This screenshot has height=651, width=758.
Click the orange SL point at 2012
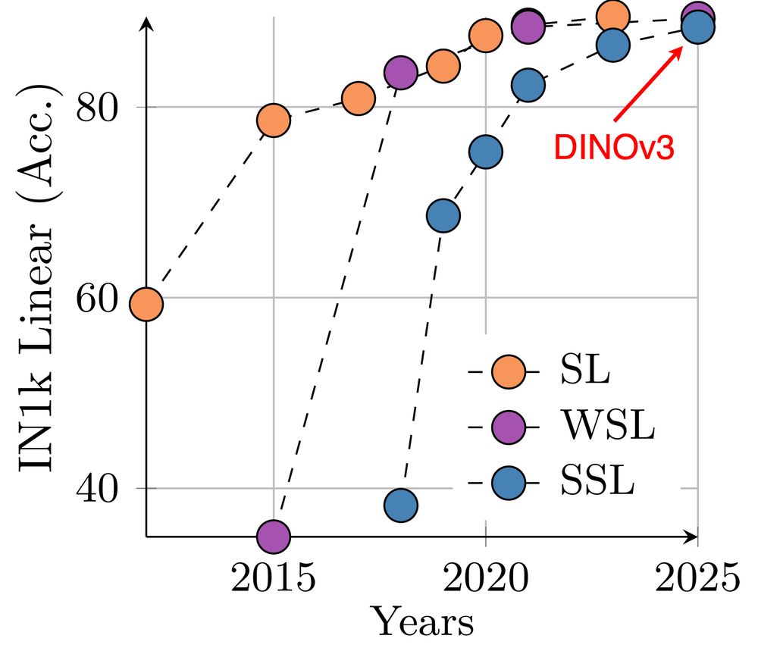pos(146,304)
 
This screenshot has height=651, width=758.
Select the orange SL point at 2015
pos(274,120)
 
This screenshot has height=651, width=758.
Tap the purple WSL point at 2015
pos(274,536)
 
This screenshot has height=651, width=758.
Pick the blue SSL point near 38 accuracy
pos(401,505)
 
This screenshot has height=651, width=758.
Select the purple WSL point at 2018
pos(401,73)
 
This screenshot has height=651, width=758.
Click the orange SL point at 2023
pos(612,17)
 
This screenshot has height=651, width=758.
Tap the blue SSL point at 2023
pos(612,45)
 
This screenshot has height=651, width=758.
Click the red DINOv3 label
pos(613,146)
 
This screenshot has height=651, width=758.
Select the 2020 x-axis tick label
pos(486,581)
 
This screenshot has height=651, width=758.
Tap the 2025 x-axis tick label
pos(697,581)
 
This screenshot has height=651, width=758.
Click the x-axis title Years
pos(424,623)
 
